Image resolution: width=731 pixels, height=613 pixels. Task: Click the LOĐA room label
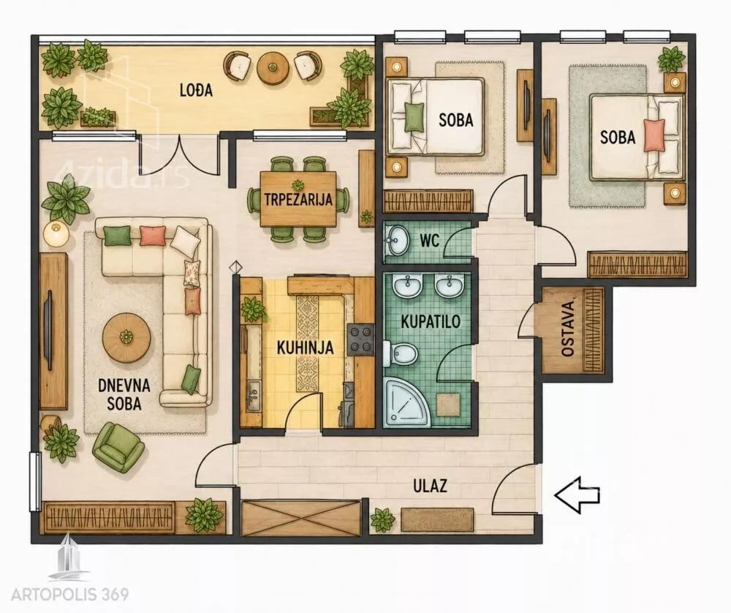click(x=196, y=90)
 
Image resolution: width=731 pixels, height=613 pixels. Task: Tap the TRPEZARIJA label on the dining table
click(x=298, y=199)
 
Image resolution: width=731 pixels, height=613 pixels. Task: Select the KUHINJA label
click(x=305, y=347)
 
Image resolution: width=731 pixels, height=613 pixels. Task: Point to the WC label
click(x=429, y=241)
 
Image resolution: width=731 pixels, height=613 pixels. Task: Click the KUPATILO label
click(x=431, y=321)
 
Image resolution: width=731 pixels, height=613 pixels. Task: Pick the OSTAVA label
click(x=567, y=329)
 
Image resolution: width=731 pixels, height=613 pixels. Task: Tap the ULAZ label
click(x=430, y=486)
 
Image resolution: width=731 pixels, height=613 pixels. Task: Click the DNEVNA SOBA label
click(x=124, y=394)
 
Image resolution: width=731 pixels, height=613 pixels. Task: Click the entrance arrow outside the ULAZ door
click(x=577, y=495)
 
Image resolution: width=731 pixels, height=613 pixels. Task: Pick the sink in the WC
click(x=397, y=240)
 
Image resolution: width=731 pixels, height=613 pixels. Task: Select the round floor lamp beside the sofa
click(x=56, y=233)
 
